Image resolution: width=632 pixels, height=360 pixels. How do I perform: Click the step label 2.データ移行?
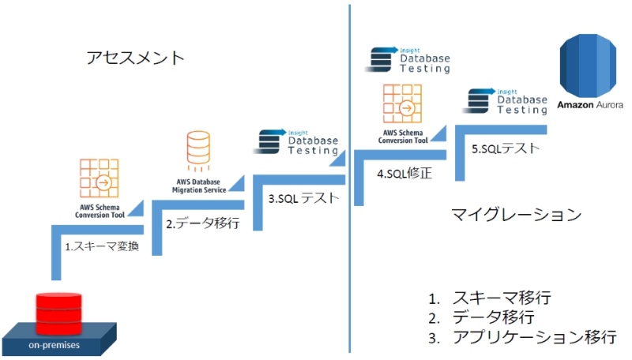(202, 223)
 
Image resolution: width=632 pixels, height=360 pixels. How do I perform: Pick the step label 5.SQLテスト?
(500, 148)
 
